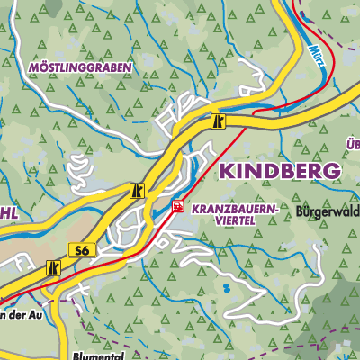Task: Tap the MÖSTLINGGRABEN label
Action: click(80, 67)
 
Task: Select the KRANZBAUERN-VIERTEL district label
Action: click(231, 212)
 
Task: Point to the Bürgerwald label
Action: click(325, 212)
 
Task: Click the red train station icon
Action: click(178, 206)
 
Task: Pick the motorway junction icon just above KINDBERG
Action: click(218, 121)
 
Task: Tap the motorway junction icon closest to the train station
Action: click(137, 191)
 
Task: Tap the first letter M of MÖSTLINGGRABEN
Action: click(32, 67)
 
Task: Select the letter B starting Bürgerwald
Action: click(300, 212)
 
